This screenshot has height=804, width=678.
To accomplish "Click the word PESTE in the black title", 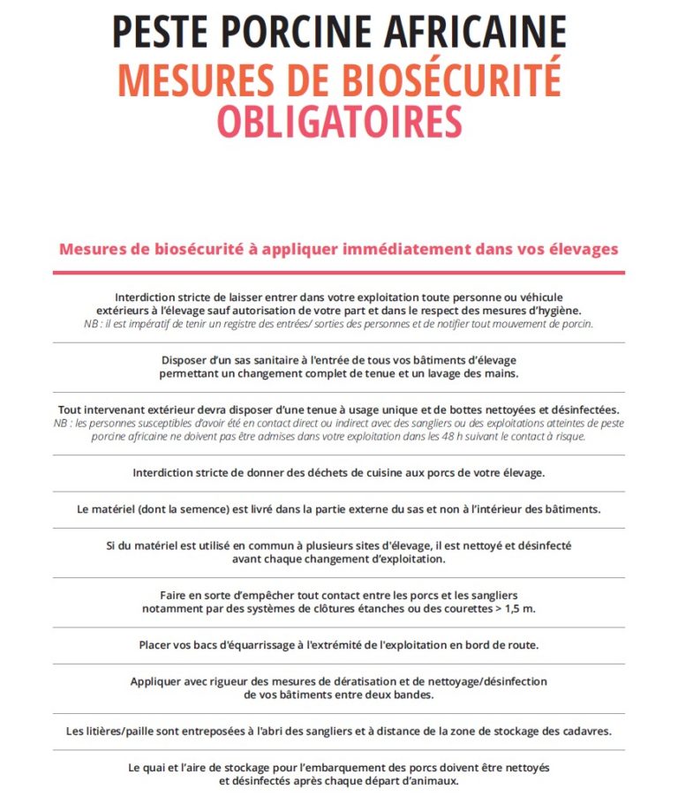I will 163,32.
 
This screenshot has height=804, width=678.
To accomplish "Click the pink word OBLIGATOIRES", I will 339,123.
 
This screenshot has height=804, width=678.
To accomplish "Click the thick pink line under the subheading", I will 339,273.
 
